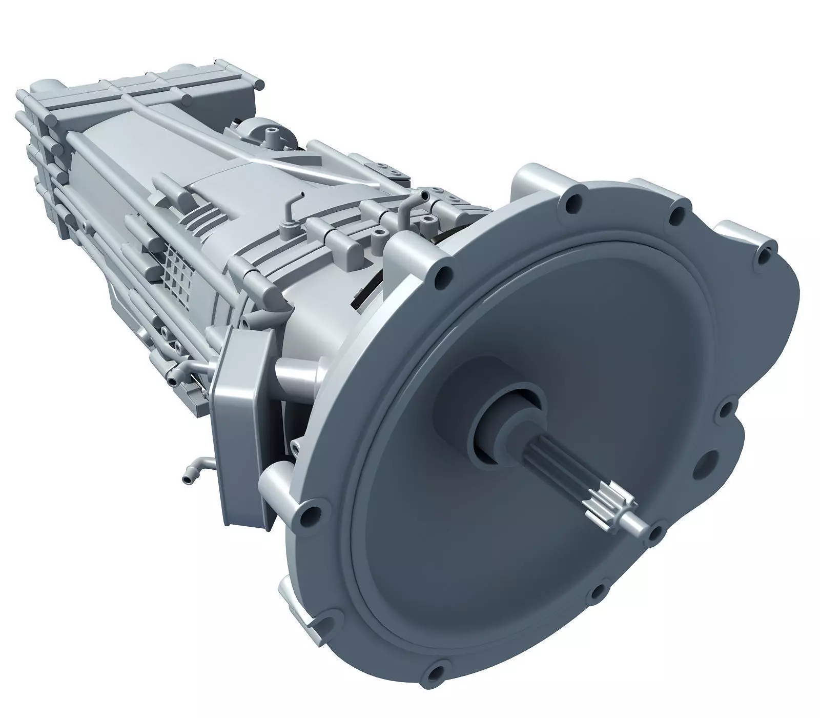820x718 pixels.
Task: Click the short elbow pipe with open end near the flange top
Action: (x=405, y=205)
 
